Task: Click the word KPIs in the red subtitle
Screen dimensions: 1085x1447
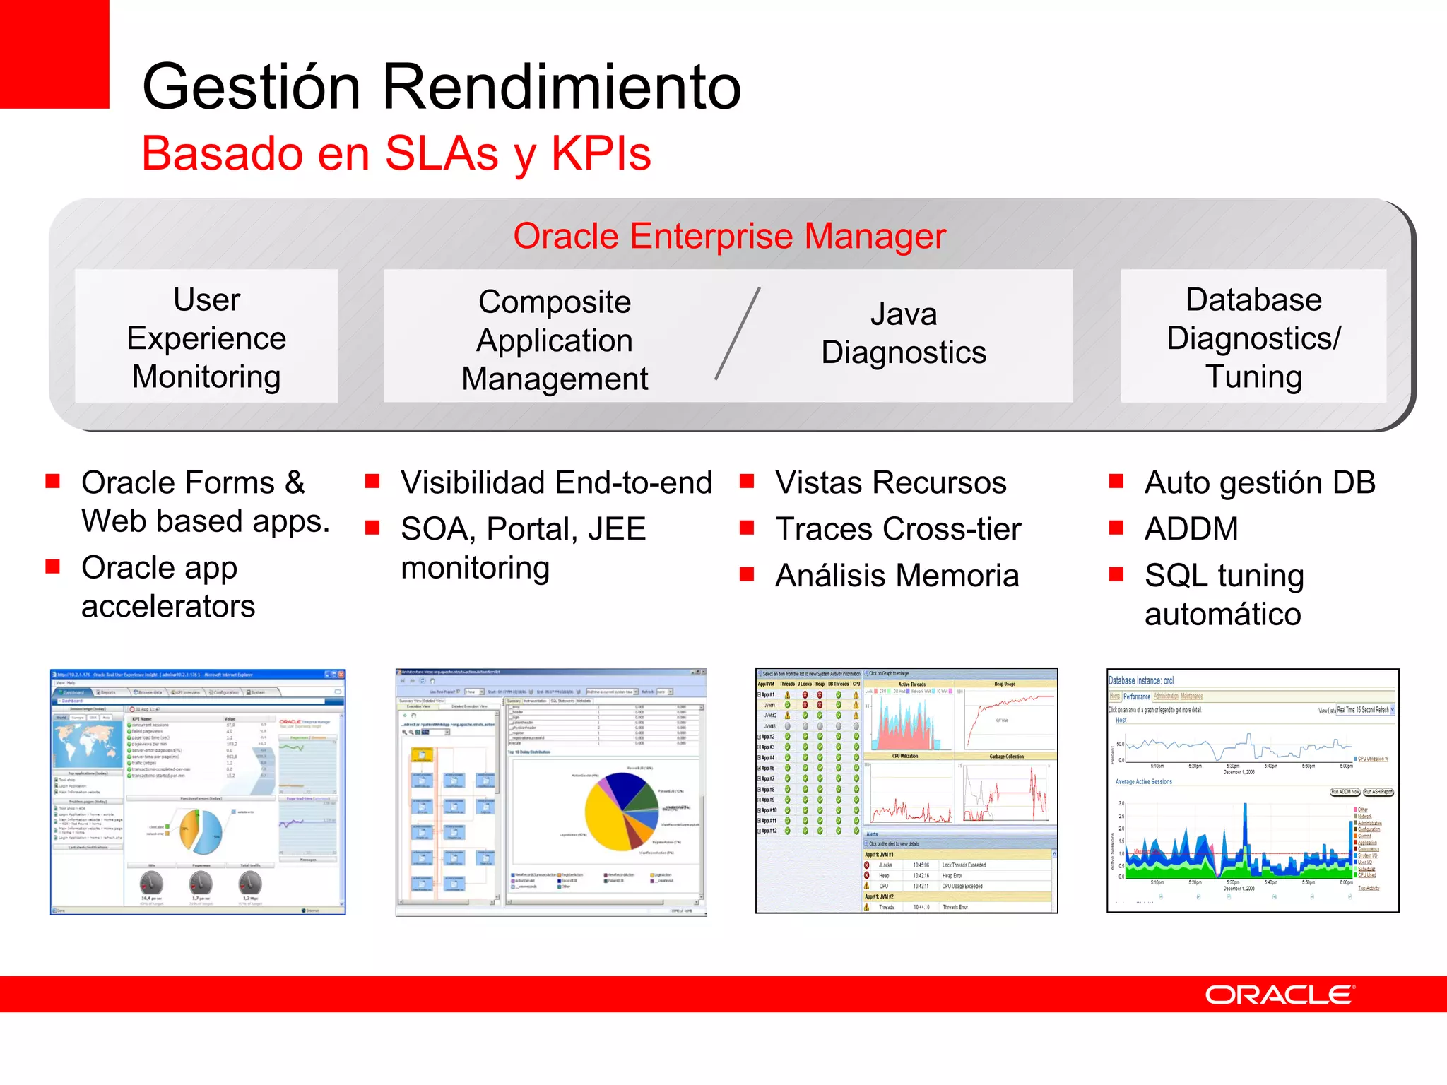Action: coord(601,153)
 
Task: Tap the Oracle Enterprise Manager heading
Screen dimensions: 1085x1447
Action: coord(729,236)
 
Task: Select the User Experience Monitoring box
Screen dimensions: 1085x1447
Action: coord(206,337)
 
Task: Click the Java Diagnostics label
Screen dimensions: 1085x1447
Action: coord(903,333)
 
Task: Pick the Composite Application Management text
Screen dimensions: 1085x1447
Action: coord(555,340)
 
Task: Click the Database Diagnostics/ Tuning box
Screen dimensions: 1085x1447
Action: coord(1253,337)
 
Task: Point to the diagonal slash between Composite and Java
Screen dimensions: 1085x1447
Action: coord(737,333)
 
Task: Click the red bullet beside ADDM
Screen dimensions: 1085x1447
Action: coord(1116,528)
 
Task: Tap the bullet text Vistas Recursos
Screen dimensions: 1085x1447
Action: coord(890,483)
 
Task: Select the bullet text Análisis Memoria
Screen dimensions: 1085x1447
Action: coord(897,576)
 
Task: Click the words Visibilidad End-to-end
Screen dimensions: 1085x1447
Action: coord(556,483)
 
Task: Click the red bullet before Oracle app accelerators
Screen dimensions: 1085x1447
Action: coord(52,567)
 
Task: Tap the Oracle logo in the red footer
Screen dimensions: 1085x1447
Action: coord(1279,995)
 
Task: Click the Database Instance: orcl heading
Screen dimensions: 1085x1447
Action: coord(1140,680)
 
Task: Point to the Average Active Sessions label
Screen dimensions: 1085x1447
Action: coord(1143,782)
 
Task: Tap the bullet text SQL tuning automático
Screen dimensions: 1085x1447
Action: coord(1224,595)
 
